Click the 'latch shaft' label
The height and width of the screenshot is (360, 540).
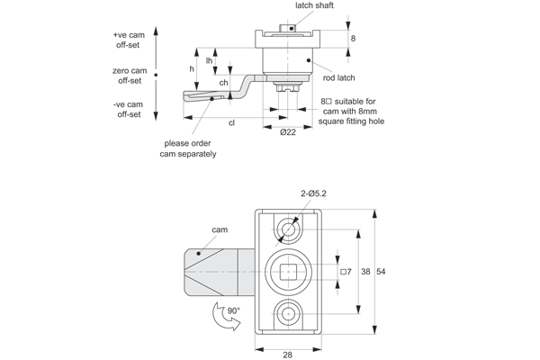pos(308,6)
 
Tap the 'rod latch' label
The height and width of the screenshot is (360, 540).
pos(338,77)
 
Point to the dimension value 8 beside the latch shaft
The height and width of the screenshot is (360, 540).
pos(353,39)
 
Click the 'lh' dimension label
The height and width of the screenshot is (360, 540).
pos(209,61)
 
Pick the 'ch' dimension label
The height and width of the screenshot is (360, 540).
pos(223,83)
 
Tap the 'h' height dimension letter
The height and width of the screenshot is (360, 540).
pos(192,68)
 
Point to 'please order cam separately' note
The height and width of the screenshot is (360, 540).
pos(188,148)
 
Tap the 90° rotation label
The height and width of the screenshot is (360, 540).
pos(233,310)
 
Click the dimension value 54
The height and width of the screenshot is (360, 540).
pos(381,271)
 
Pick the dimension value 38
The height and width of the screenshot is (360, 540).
pos(365,271)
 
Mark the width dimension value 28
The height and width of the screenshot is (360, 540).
pos(287,355)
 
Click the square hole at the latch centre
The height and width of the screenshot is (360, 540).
pos(287,271)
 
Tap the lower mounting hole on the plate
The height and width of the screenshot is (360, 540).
pos(287,315)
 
